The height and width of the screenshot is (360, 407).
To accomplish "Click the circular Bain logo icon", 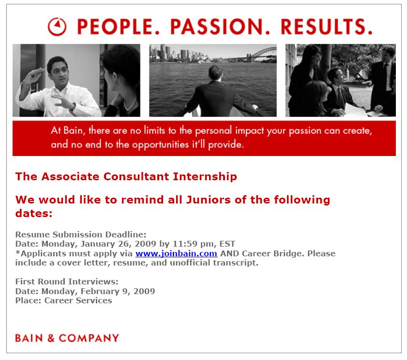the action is tap(57, 27).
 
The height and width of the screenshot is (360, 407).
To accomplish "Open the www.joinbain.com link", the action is tap(176, 253).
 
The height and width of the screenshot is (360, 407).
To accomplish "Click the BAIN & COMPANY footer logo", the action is tap(67, 338).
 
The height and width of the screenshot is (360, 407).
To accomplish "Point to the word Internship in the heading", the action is tap(205, 176).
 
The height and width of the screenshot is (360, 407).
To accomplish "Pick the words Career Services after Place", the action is tap(78, 300).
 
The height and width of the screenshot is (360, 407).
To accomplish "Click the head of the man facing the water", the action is tap(215, 73).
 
